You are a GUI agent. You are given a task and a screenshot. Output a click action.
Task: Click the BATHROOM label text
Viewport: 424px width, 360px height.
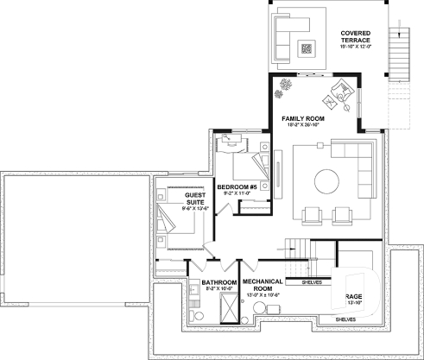pyautogui.click(x=218, y=282)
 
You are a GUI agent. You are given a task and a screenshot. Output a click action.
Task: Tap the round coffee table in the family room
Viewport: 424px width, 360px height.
pyautogui.click(x=326, y=182)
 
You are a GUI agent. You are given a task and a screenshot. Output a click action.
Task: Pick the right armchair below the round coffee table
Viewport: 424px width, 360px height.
pyautogui.click(x=341, y=213)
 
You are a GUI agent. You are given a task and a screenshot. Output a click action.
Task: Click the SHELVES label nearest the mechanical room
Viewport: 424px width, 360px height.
pyautogui.click(x=313, y=282)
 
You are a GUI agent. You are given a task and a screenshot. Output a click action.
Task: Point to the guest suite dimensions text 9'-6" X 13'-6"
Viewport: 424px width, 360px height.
pyautogui.click(x=194, y=209)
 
